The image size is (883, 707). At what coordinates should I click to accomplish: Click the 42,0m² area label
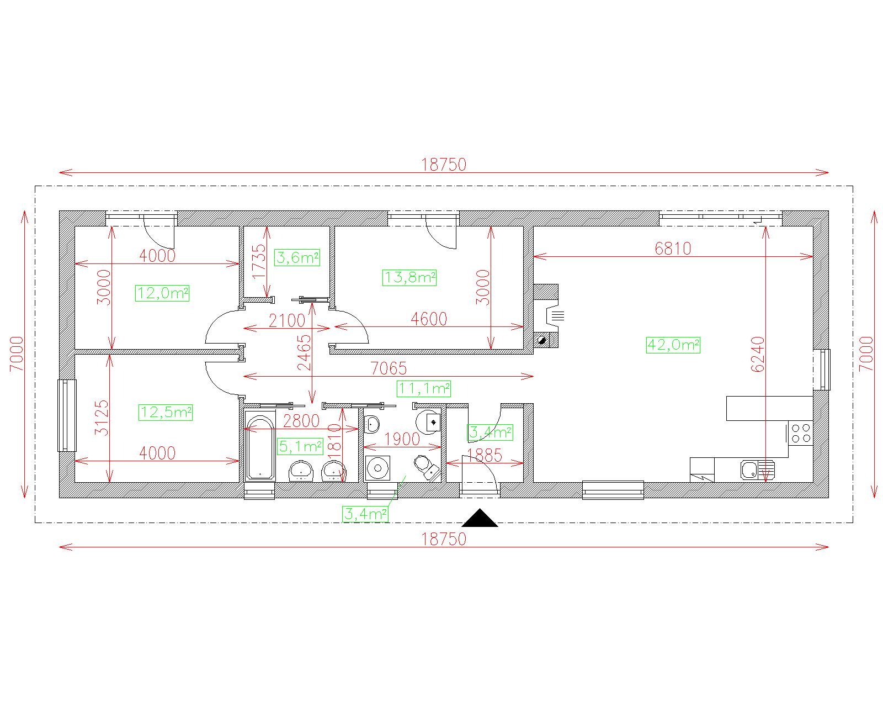point(673,345)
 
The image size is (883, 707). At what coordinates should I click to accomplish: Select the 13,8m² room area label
point(409,278)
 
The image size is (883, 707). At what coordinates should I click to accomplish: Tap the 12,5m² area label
point(166,413)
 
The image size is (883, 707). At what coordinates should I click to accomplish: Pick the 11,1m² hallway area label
point(424,389)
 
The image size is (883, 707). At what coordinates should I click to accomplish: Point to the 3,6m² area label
point(297,257)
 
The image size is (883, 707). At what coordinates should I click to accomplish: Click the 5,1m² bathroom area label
point(300,446)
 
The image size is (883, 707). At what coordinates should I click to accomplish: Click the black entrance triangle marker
point(480,518)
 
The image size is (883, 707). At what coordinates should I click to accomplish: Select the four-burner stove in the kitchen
point(801,433)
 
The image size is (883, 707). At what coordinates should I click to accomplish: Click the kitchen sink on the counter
point(757,469)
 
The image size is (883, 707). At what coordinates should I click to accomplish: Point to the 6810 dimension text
point(673,249)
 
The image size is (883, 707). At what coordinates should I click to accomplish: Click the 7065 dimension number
point(389,368)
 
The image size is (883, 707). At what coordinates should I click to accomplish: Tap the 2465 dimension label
point(304,353)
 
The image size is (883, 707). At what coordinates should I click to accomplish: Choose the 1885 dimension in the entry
point(485,456)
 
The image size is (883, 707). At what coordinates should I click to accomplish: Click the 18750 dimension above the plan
point(444,165)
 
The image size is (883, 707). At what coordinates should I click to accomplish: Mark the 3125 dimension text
point(102,418)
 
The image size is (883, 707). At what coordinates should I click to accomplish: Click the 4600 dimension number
point(429,319)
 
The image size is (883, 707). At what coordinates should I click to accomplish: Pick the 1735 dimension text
point(259,262)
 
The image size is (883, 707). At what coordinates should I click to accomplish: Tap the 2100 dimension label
point(287,321)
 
